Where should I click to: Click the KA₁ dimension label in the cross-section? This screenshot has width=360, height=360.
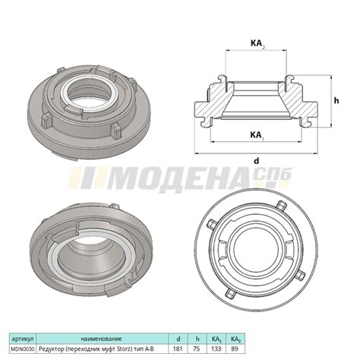[256, 134]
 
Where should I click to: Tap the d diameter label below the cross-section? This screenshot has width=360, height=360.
[257, 161]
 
